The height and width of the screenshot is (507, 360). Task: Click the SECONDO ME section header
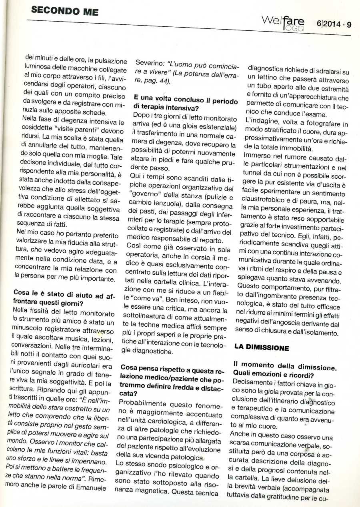[64, 12]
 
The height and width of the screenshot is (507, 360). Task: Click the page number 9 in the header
[349, 25]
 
